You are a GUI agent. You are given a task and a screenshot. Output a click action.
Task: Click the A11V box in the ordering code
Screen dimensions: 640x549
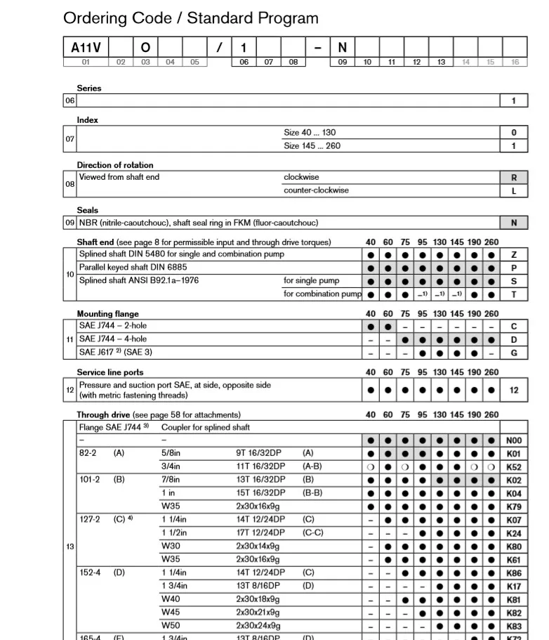(86, 48)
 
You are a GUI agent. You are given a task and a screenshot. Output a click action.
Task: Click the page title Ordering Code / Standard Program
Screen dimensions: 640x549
(190, 18)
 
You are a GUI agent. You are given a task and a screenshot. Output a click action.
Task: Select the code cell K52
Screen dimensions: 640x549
(513, 467)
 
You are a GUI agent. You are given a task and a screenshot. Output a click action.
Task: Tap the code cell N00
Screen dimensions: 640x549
(513, 441)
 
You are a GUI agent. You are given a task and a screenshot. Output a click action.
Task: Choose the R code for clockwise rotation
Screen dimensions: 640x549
(513, 178)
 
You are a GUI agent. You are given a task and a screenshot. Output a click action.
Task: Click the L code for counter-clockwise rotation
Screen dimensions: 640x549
(513, 191)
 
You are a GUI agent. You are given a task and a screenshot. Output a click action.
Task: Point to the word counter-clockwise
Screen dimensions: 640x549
(316, 190)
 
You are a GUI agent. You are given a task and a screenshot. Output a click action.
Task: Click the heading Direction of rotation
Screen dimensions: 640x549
(115, 165)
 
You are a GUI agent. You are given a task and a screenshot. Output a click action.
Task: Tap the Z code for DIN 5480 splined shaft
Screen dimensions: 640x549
(513, 254)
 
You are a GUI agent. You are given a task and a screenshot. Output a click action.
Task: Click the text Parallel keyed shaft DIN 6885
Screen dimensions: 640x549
(133, 267)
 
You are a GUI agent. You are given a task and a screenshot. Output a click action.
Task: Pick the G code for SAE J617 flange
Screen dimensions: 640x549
(513, 353)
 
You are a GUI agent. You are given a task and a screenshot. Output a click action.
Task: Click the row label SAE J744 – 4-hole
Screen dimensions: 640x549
(113, 339)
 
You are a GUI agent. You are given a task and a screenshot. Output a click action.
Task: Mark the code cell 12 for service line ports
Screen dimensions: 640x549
(513, 390)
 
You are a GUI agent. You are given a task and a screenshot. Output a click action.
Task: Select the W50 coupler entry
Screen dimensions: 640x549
(171, 625)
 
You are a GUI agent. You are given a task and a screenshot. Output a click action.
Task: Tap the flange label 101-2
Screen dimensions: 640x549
(89, 480)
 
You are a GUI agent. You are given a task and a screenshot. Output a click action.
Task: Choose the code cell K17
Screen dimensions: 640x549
(513, 587)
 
